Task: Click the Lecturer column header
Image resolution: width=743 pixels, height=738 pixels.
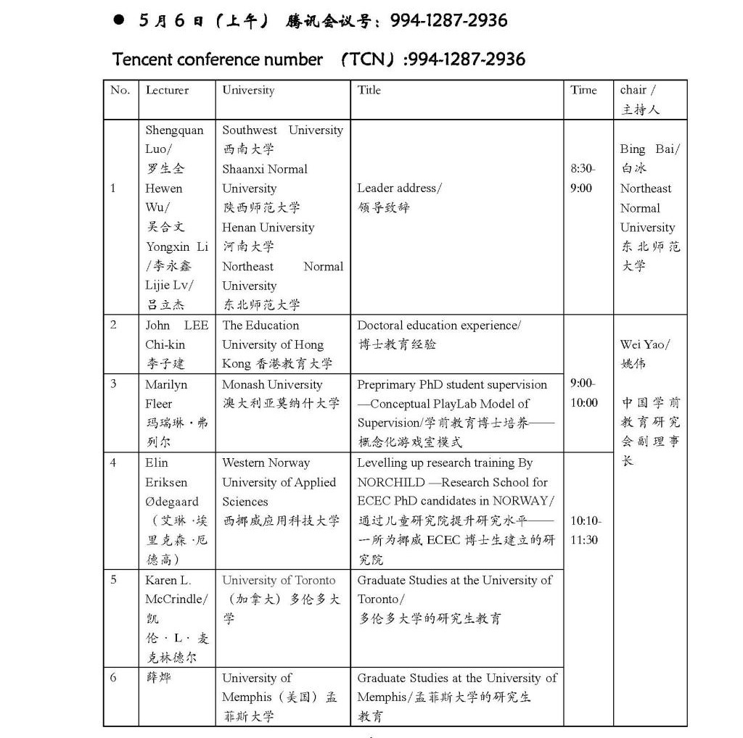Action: click(167, 91)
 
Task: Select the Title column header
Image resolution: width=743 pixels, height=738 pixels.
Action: click(369, 91)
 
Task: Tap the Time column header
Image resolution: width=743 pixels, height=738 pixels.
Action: click(583, 91)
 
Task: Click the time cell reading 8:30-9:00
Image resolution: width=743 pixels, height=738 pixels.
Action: click(583, 178)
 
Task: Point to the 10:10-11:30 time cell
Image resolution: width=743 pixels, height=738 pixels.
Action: click(585, 530)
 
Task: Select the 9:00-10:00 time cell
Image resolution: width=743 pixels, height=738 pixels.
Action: click(584, 393)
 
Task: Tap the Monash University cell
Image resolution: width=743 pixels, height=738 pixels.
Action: click(272, 385)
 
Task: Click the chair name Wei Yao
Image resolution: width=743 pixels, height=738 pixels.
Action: click(644, 345)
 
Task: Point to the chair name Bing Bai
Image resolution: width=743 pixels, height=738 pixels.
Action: click(649, 149)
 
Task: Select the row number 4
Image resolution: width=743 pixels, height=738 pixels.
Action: click(113, 463)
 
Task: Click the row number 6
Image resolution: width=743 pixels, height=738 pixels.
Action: click(113, 678)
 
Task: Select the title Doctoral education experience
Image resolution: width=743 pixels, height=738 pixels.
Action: click(438, 326)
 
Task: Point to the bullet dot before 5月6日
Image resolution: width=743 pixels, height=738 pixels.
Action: click(119, 21)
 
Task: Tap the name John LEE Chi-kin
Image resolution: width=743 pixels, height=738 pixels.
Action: click(176, 335)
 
